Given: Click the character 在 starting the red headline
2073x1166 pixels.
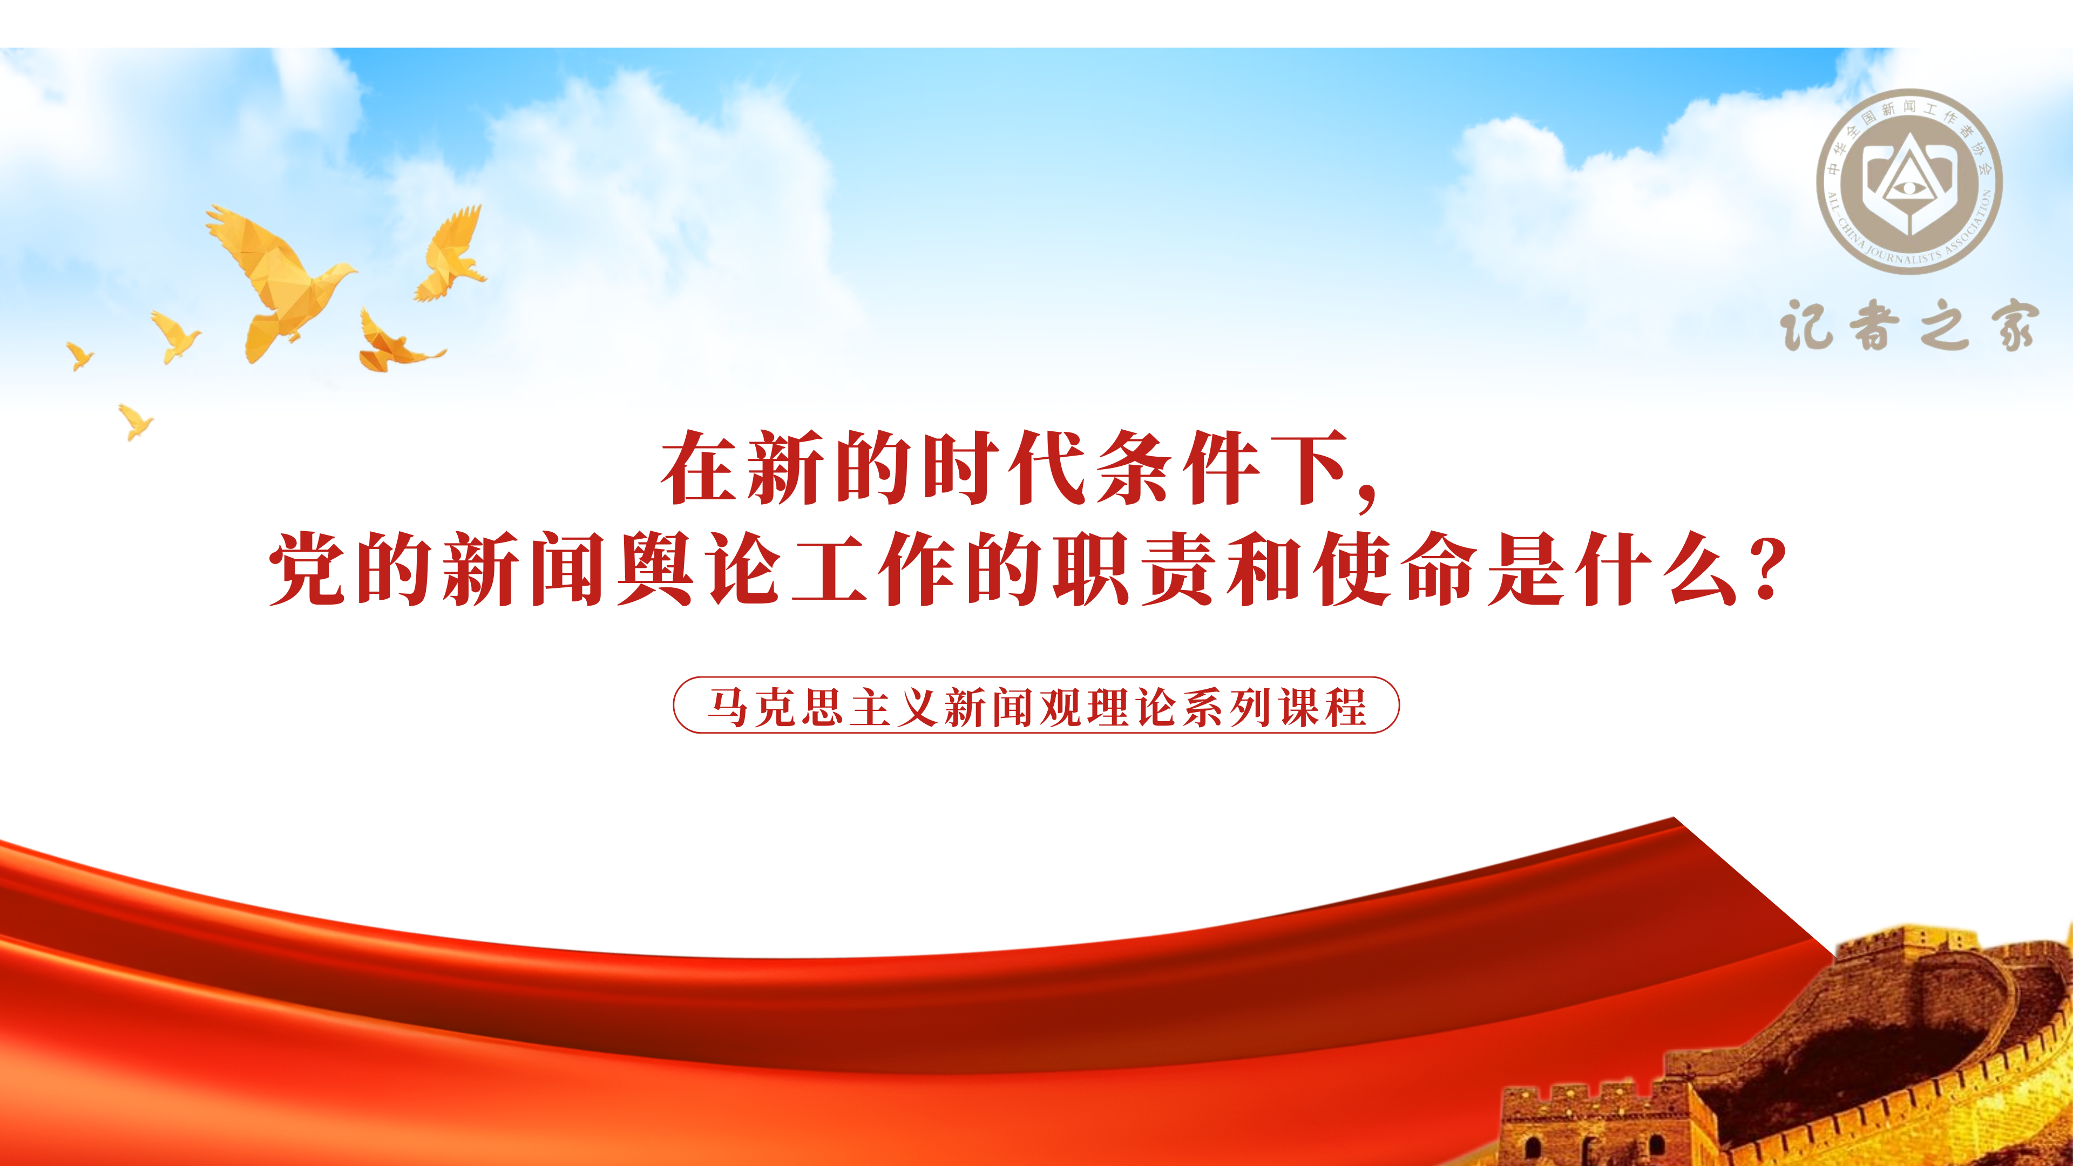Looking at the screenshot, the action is (x=699, y=467).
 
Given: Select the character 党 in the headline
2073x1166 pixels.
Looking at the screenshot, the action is (x=309, y=568).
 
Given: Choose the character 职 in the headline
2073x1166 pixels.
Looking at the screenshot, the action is (x=1091, y=568).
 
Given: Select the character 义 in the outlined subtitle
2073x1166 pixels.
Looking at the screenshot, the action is (x=918, y=707).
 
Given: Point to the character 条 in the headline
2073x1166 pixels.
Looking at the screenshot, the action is (x=1134, y=467).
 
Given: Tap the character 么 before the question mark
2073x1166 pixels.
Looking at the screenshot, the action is (x=1703, y=568).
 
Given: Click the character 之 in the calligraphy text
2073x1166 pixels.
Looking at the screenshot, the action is (x=1945, y=326).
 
